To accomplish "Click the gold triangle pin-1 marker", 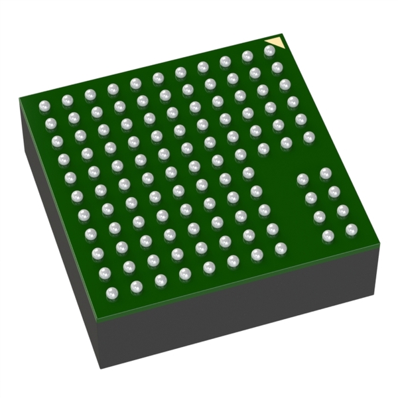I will (278, 44).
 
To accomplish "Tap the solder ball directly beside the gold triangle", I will (269, 50).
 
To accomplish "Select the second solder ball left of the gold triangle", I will (247, 56).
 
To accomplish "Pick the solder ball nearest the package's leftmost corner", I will (44, 105).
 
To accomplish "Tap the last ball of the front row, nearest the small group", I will (281, 248).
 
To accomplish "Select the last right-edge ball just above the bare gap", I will (308, 137).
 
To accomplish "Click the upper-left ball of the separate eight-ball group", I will (302, 178).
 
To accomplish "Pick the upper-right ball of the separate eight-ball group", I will (326, 173).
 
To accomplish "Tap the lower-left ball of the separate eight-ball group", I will (328, 235).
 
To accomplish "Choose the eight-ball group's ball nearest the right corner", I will (351, 230).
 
